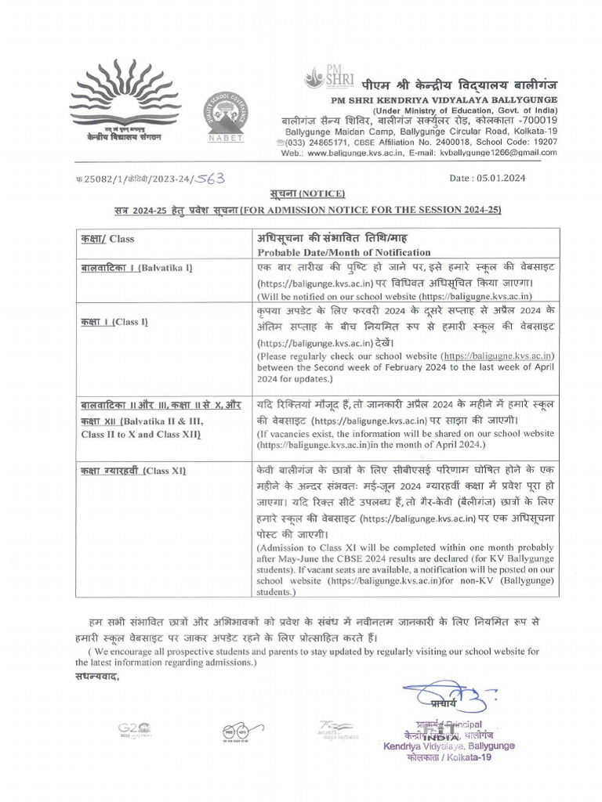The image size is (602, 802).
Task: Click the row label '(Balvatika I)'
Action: (165, 269)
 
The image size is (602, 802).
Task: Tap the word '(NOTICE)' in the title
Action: (317, 193)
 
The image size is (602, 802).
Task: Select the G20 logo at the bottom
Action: (134, 730)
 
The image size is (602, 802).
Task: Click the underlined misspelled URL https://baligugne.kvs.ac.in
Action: (499, 356)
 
